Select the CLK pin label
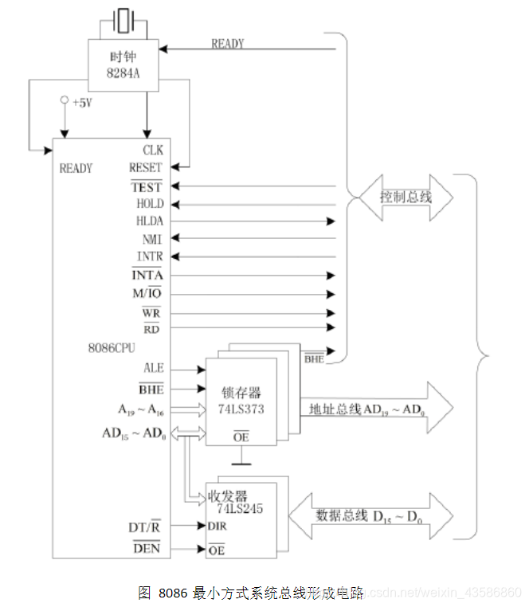pyautogui.click(x=153, y=150)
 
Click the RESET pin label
pyautogui.click(x=145, y=167)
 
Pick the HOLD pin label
pyautogui.click(x=149, y=204)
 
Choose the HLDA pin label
pyautogui.click(x=149, y=221)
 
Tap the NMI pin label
pyautogui.click(x=152, y=238)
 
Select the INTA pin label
pyautogui.click(x=147, y=275)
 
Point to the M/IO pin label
pyautogui.click(x=147, y=293)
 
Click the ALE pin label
pyautogui.click(x=153, y=369)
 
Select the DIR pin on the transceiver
pyautogui.click(x=217, y=526)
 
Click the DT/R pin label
pyautogui.click(x=145, y=527)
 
